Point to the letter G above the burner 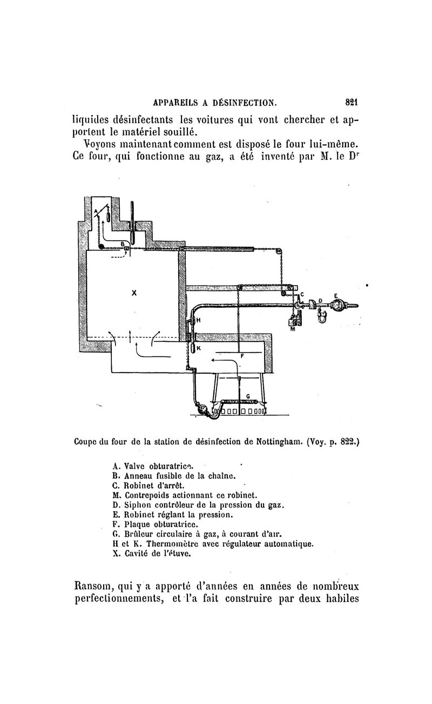click(x=247, y=396)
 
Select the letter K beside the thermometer click(x=198, y=348)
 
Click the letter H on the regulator click(x=198, y=320)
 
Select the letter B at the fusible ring click(x=123, y=244)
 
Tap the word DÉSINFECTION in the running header click(x=245, y=101)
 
